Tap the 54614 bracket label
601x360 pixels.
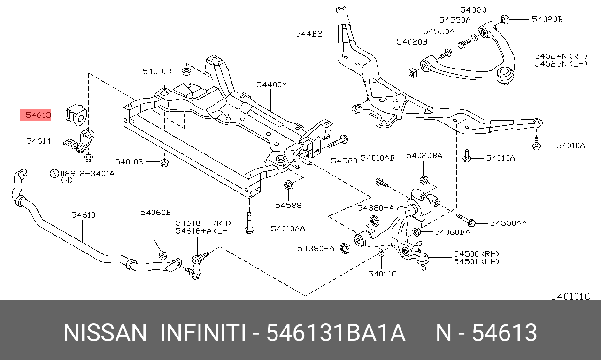pos(38,141)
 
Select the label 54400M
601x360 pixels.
pos(271,85)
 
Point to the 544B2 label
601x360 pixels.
pos(308,33)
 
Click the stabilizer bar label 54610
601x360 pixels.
pos(83,215)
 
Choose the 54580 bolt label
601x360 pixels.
pos(344,160)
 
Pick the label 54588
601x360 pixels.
pos(288,205)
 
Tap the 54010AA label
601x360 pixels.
pos(287,229)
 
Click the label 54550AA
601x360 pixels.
pos(509,223)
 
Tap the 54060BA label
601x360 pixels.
pos(452,232)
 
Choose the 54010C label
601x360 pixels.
pos(382,274)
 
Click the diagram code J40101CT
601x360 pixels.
pos(573,296)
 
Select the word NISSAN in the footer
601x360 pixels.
pos(105,333)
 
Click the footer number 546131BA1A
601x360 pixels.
pos(335,333)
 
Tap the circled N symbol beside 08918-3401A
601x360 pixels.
pos(54,173)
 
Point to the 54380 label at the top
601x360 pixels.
pos(473,10)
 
